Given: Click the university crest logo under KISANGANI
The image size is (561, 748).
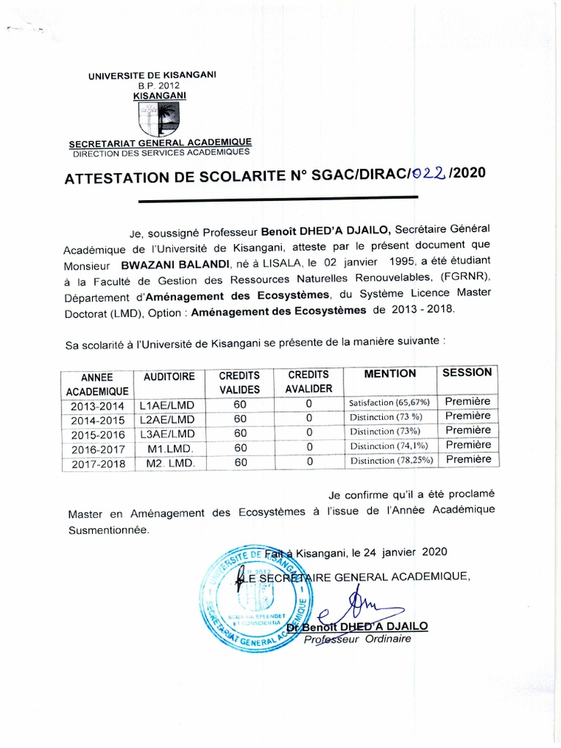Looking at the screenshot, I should [x=158, y=119].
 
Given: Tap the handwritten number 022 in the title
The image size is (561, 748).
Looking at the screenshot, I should [x=428, y=174].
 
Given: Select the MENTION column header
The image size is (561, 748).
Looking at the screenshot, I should [x=390, y=374].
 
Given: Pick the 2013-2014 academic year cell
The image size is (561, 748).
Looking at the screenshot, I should [x=97, y=405].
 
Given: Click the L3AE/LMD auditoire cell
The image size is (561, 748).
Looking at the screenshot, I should [x=168, y=433].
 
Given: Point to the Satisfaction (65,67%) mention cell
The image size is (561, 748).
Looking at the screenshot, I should [x=389, y=402].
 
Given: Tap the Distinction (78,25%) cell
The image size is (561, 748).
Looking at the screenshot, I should [x=392, y=460].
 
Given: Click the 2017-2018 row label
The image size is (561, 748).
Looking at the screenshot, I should [x=97, y=463].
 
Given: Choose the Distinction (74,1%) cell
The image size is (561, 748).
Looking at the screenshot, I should [x=389, y=446].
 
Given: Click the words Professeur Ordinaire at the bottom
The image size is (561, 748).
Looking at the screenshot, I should [x=358, y=639].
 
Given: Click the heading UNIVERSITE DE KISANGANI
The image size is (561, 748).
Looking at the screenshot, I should [x=152, y=75].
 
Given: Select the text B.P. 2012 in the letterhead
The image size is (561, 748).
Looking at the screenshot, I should [x=159, y=85].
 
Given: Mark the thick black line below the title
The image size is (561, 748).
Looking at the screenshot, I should [x=278, y=198].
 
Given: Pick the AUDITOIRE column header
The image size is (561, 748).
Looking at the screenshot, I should [x=169, y=377].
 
